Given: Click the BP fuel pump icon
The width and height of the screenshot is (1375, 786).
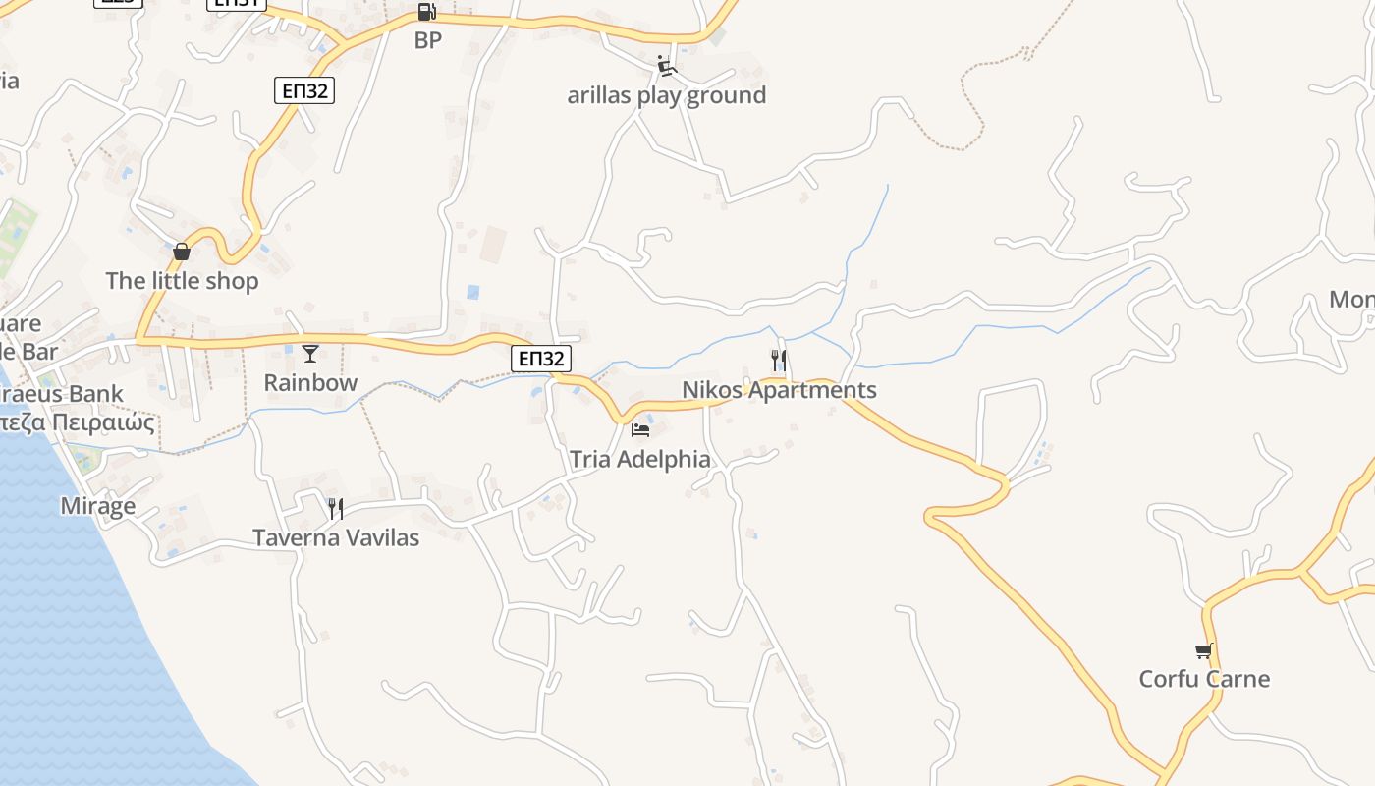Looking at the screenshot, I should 426,12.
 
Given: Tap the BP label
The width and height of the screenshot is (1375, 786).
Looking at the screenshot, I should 428,40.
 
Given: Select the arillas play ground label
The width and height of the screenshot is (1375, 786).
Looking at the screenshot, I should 666,95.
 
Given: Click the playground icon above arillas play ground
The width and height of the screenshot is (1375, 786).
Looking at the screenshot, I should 667,67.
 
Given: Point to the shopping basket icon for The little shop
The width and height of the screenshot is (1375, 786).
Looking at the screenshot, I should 182,253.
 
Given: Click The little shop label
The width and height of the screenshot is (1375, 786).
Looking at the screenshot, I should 182,281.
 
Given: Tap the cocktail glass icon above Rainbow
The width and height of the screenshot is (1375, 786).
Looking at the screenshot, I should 310,354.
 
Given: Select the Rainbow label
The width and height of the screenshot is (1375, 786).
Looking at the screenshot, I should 310,382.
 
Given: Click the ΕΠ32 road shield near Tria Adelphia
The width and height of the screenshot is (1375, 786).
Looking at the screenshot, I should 541,359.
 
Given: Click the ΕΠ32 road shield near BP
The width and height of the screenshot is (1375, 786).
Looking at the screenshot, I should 304,91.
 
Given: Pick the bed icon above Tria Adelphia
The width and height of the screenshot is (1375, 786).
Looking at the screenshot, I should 640,430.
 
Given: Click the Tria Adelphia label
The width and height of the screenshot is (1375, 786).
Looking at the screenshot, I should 640,459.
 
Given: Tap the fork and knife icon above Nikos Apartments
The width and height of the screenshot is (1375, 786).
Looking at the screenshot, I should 779,361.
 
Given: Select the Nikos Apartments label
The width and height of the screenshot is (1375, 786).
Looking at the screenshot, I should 779,390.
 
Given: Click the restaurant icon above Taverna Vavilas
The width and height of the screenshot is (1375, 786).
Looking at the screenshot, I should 336,508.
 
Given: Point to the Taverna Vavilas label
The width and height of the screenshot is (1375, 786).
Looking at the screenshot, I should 336,537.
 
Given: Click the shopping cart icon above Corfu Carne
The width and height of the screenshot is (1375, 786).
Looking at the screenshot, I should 1204,650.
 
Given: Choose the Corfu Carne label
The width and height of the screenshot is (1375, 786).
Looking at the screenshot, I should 1204,679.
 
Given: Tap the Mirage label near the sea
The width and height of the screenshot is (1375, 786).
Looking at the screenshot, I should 98,506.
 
